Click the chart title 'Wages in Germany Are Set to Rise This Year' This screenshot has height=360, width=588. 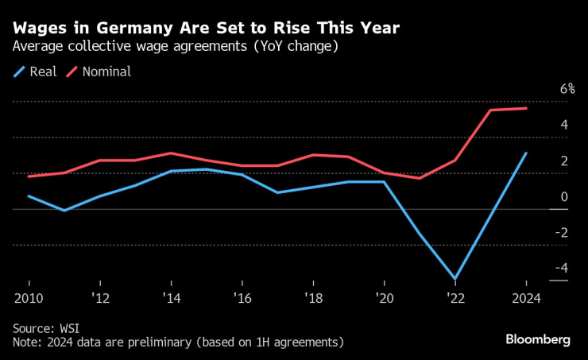[x=206, y=28]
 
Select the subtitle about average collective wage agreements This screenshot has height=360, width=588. [x=176, y=47]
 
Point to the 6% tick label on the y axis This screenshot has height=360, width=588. [x=567, y=89]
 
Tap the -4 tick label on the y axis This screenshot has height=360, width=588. [x=561, y=268]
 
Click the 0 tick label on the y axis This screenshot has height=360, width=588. [x=564, y=196]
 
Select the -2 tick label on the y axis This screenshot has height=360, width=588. [x=561, y=232]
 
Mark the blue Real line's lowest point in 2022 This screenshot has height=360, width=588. [x=455, y=279]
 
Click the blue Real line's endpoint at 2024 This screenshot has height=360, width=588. [x=526, y=153]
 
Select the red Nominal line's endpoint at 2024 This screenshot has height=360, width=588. [x=526, y=108]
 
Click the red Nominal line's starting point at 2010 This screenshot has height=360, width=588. [x=29, y=176]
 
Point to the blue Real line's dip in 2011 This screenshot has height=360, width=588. [x=64, y=211]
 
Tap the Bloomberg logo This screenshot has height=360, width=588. [x=538, y=340]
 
